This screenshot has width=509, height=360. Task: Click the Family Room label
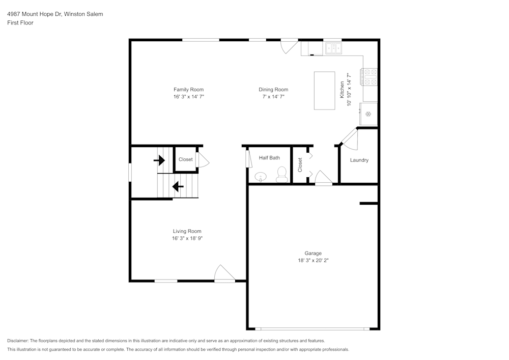(x=188, y=90)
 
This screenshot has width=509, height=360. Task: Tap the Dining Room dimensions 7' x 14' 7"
(x=273, y=96)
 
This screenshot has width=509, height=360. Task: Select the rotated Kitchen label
(x=342, y=90)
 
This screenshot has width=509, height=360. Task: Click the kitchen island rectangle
(x=324, y=91)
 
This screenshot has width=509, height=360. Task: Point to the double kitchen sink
(x=333, y=48)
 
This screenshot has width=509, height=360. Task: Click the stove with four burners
(x=369, y=76)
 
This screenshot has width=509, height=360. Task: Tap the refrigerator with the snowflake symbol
(x=369, y=114)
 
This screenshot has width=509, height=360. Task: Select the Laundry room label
(x=359, y=160)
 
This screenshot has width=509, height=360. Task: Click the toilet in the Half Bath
(x=280, y=176)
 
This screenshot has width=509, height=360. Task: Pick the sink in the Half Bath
(x=261, y=177)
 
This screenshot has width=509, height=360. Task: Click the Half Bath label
(x=269, y=158)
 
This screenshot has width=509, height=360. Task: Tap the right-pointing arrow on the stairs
(x=160, y=161)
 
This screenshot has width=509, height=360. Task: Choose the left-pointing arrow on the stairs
(x=178, y=187)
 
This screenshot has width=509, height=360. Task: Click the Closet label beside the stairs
(x=185, y=159)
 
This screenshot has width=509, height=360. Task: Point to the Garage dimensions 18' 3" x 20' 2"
(x=313, y=260)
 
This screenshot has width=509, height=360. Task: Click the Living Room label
(x=187, y=231)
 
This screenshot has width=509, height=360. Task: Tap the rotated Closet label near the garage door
(x=300, y=164)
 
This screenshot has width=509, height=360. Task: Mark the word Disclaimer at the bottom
(x=18, y=341)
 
